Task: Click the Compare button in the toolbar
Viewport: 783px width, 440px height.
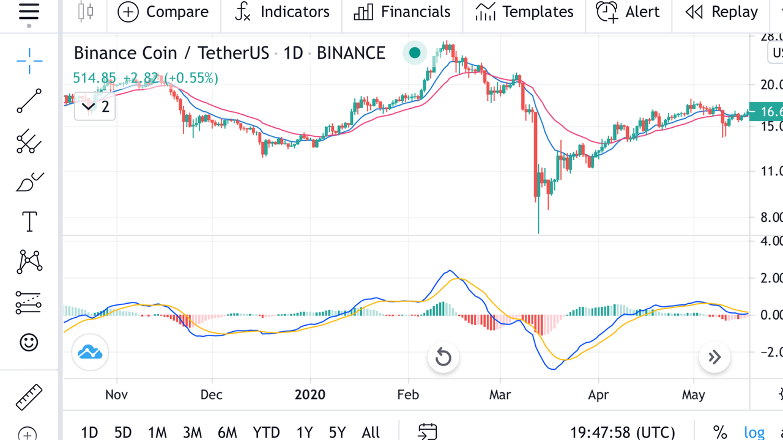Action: tap(163, 12)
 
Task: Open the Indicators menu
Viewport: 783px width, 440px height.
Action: tap(282, 12)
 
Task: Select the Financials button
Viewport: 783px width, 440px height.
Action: tap(402, 12)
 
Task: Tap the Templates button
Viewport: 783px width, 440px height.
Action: tap(524, 12)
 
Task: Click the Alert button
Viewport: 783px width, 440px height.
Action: tap(628, 12)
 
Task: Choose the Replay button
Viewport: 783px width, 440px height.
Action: tap(721, 12)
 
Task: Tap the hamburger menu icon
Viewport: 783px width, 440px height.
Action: tap(29, 12)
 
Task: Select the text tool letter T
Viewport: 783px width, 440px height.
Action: tap(29, 222)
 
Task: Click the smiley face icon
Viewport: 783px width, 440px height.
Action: tap(29, 342)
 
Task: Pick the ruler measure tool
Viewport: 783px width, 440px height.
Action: tap(29, 397)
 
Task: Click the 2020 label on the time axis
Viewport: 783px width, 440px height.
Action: tap(310, 395)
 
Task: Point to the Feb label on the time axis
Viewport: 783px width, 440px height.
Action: tap(408, 395)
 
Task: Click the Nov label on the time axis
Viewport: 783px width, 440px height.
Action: tap(116, 395)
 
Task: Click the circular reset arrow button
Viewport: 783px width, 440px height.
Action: tap(443, 358)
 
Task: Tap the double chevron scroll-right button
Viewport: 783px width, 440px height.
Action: tap(714, 358)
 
